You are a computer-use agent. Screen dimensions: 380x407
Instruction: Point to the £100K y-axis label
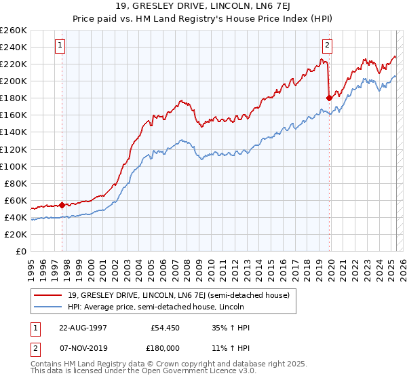point(14,166)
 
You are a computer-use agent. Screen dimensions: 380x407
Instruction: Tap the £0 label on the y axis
point(21,252)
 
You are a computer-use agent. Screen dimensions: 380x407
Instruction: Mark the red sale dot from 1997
point(62,205)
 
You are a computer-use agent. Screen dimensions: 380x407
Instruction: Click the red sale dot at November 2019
point(329,98)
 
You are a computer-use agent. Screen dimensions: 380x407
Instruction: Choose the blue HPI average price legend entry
point(159,307)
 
